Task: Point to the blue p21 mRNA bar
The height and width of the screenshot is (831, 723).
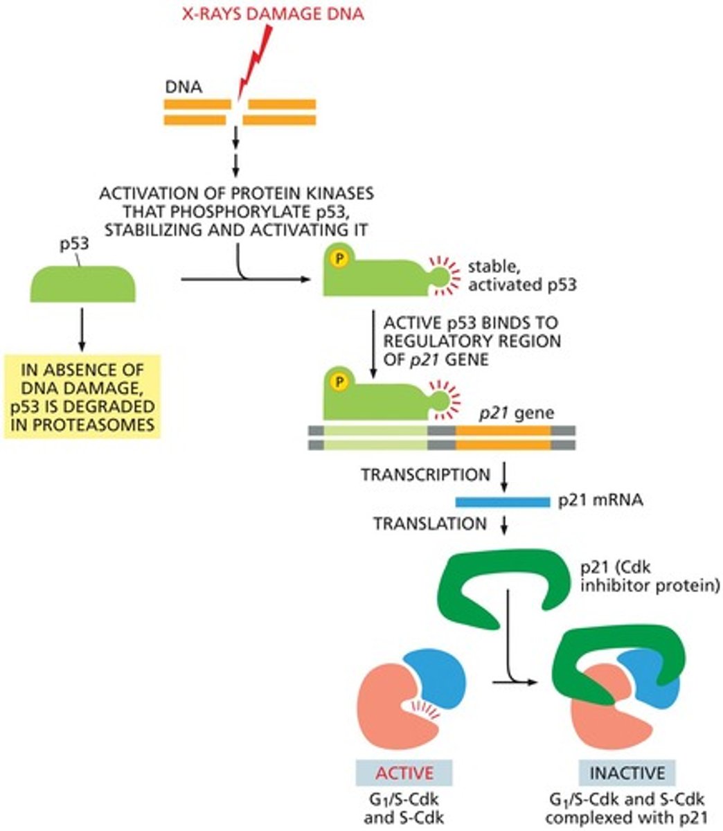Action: point(502,500)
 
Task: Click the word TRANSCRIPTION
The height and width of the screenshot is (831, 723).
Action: point(425,474)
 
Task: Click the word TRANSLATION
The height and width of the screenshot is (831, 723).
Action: point(430,524)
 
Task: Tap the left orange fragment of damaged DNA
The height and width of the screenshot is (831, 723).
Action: point(197,111)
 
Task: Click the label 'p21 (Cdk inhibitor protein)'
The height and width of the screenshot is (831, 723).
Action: point(650,576)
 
